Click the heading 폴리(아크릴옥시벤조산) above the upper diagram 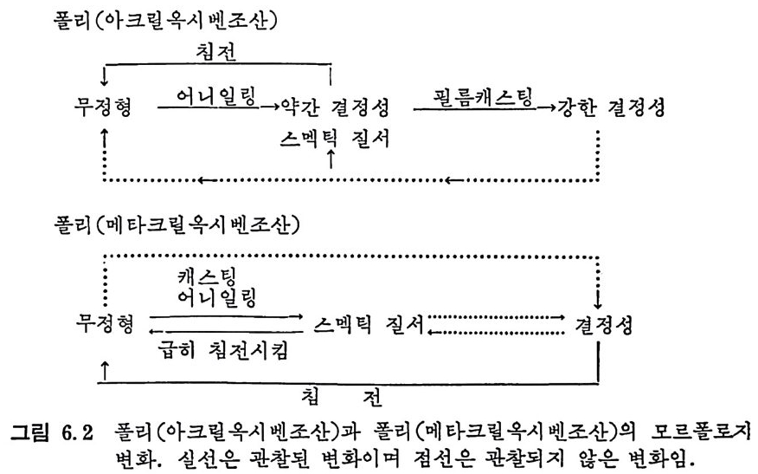tap(166, 21)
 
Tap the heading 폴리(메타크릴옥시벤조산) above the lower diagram tap(177, 224)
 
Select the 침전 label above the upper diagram tap(216, 51)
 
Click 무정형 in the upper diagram tap(103, 107)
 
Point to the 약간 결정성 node tap(335, 107)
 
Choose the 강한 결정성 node tap(611, 107)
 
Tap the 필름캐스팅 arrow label tap(483, 96)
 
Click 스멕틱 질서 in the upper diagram tap(335, 139)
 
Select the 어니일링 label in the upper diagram tap(216, 96)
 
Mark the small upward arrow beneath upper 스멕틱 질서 tap(331, 159)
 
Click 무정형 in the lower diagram tap(105, 323)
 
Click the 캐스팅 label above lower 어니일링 tap(207, 277)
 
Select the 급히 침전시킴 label tap(223, 349)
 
